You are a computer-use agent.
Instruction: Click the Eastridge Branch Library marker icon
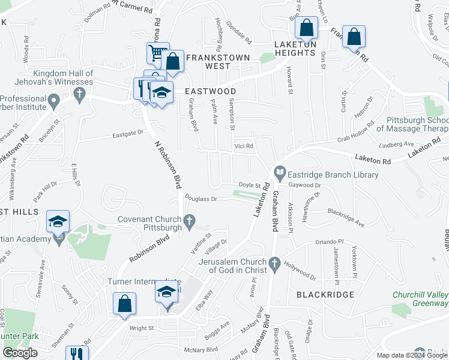pos(280,174)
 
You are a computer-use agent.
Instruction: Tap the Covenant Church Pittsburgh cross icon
pos(190,223)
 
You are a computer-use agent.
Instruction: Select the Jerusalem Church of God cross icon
pos(274,263)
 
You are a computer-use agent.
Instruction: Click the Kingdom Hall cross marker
pos(77,94)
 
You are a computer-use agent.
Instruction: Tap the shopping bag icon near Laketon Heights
pos(307,28)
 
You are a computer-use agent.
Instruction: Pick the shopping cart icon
pos(157,53)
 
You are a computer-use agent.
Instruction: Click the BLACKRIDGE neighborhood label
pos(325,295)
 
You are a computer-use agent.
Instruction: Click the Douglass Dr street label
pos(200,197)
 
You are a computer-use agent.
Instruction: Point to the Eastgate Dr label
pos(128,133)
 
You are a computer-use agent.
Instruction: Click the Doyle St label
pos(250,185)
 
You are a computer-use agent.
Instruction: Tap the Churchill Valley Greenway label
pos(420,299)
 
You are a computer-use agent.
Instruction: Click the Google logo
pos(20,353)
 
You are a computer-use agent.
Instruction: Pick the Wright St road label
pos(142,328)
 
